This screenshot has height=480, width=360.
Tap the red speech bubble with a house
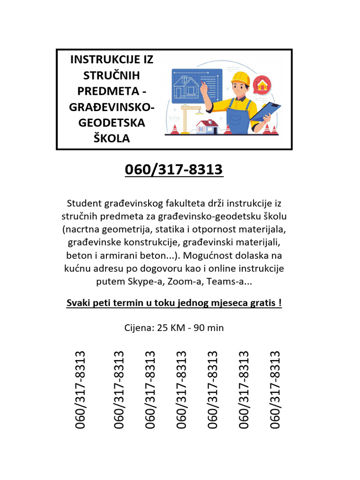tap(262, 85)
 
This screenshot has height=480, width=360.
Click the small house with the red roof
tap(207, 126)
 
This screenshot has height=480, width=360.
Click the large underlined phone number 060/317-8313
tap(174, 169)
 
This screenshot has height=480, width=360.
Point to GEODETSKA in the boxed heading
tap(112, 123)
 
